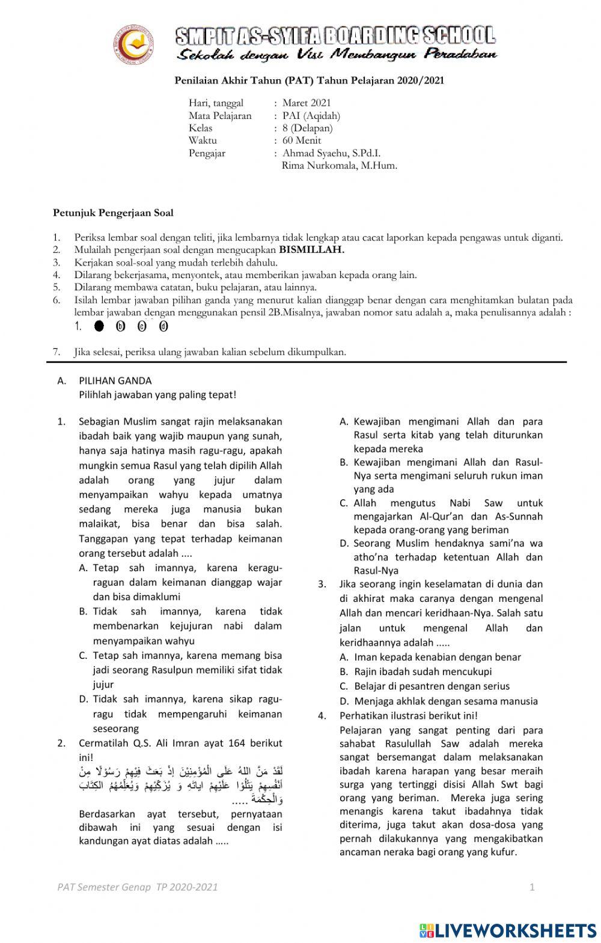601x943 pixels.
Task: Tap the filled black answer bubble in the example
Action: pyautogui.click(x=99, y=327)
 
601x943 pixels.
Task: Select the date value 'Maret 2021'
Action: pyautogui.click(x=307, y=103)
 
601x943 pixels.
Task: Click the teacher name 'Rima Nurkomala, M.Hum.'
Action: pyautogui.click(x=339, y=166)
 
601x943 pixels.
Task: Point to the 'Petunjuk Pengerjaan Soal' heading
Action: pyautogui.click(x=113, y=213)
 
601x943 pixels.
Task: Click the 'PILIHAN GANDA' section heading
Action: pyautogui.click(x=115, y=381)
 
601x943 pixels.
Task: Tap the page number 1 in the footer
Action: pyautogui.click(x=532, y=887)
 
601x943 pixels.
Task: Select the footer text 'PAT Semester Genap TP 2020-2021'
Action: pyautogui.click(x=138, y=887)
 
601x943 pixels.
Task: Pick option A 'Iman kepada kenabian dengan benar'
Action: pyautogui.click(x=438, y=657)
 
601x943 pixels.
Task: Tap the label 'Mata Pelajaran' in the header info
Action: pyautogui.click(x=220, y=116)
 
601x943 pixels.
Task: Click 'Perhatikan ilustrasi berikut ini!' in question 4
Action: pyautogui.click(x=408, y=715)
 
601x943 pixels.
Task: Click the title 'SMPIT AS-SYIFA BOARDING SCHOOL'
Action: pyautogui.click(x=335, y=35)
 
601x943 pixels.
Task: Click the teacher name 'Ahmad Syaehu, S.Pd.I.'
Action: pyautogui.click(x=331, y=153)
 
